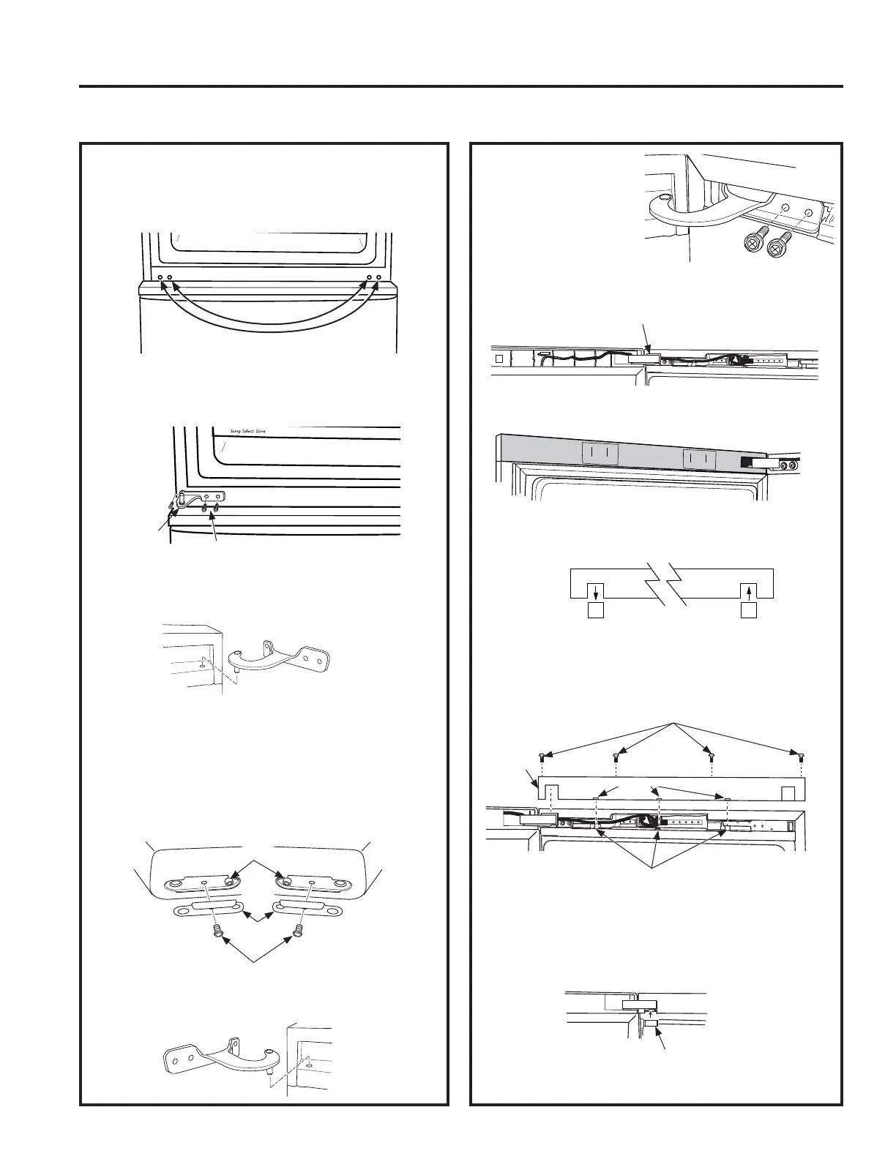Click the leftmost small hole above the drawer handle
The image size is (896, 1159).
160,278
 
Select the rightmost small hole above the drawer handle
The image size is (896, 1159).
378,278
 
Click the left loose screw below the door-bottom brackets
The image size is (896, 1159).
216,931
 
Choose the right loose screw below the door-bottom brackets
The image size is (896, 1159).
297,931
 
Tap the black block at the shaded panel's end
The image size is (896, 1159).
748,462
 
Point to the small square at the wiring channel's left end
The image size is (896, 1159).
499,359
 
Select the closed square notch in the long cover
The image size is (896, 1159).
788,793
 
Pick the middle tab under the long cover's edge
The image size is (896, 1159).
659,800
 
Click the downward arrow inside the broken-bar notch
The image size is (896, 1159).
596,591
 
